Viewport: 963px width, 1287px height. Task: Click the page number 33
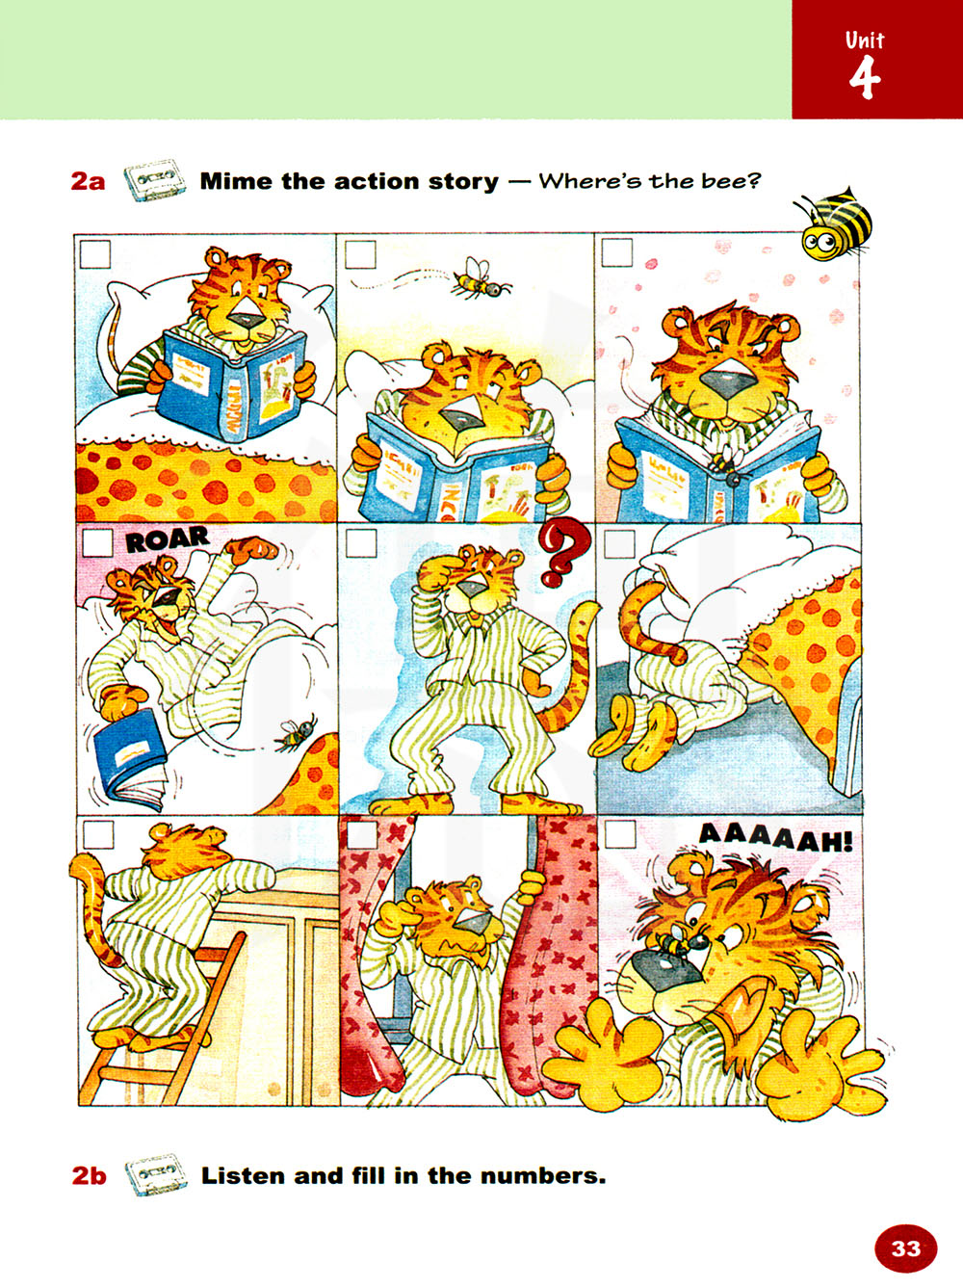click(906, 1248)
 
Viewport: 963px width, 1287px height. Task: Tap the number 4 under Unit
click(865, 79)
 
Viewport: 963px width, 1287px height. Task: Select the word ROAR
click(168, 539)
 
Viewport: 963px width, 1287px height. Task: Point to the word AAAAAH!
click(775, 838)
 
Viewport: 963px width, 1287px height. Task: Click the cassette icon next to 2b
click(156, 1175)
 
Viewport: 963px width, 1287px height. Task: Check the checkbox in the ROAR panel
click(97, 543)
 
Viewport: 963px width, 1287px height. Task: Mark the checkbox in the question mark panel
click(360, 543)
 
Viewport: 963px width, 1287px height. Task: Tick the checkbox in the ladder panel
click(98, 835)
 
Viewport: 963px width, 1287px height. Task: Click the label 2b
click(90, 1176)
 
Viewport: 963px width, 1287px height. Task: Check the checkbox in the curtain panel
click(361, 835)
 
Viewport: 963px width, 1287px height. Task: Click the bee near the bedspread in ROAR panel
click(296, 733)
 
